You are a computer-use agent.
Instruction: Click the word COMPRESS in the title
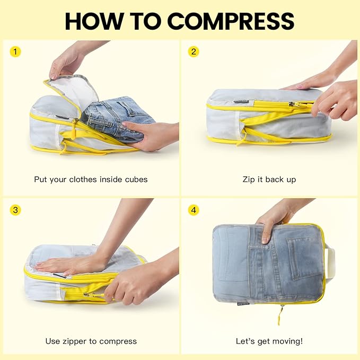coord(231,21)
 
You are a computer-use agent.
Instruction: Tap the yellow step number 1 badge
coord(15,52)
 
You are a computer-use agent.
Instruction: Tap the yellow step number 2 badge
coord(194,52)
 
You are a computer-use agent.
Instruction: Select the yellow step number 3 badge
coord(15,210)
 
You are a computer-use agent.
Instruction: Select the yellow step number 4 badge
coord(194,210)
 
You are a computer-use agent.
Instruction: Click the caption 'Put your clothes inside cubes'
coord(91,179)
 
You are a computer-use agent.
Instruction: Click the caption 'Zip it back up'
coord(269,179)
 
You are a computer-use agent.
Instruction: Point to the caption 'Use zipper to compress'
coord(91,341)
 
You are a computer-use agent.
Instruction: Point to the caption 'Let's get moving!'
coord(269,341)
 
